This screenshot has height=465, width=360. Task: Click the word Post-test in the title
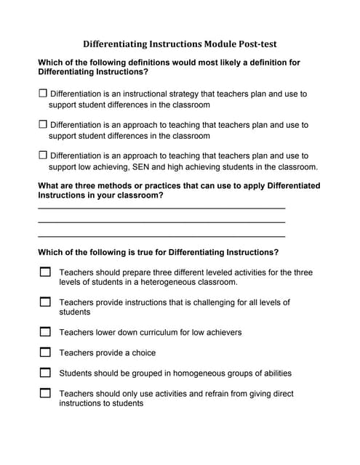pyautogui.click(x=251, y=44)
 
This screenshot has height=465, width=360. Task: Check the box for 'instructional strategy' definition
pyautogui.click(x=42, y=94)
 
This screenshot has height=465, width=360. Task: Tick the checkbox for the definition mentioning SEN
pyautogui.click(x=42, y=155)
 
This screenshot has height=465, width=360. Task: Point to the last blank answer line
pyautogui.click(x=161, y=237)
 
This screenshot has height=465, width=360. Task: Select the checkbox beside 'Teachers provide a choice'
pyautogui.click(x=45, y=352)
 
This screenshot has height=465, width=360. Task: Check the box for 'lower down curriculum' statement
pyautogui.click(x=45, y=332)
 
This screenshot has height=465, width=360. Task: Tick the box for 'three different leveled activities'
pyautogui.click(x=45, y=272)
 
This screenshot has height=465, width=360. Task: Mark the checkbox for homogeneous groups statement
pyautogui.click(x=45, y=373)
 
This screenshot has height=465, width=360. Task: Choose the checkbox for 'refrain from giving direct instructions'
pyautogui.click(x=45, y=393)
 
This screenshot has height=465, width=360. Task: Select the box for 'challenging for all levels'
pyautogui.click(x=45, y=302)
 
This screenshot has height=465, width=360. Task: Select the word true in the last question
pyautogui.click(x=156, y=252)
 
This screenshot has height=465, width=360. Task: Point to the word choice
pyautogui.click(x=143, y=353)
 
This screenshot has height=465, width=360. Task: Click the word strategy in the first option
pyautogui.click(x=196, y=94)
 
